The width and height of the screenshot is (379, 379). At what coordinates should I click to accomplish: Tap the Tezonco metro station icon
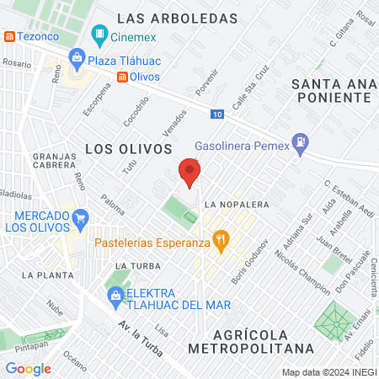(9, 37)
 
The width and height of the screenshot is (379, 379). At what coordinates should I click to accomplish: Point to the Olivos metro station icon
(123, 77)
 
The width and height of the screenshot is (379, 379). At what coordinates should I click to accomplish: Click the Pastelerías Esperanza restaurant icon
(221, 240)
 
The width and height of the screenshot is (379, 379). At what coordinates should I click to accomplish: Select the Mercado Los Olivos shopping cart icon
(81, 218)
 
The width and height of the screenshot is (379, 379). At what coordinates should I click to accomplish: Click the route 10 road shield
(218, 113)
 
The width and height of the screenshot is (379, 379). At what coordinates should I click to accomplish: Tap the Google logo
(28, 368)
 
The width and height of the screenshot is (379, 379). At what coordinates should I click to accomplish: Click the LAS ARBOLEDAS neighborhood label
(177, 17)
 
